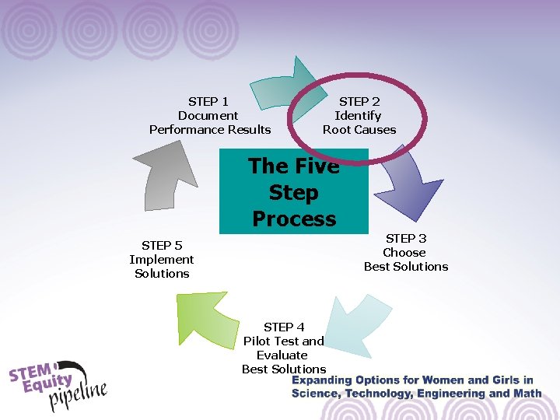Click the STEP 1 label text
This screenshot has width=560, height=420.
pos(208,101)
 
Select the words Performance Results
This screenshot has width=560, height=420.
pos(210,129)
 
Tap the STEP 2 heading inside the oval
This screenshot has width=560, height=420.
pos(359,101)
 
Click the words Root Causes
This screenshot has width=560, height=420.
pos(359,129)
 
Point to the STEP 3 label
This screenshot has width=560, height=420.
pos(406,238)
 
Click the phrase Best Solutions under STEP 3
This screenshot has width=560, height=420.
pos(406,266)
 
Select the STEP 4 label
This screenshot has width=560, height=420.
pos(284,327)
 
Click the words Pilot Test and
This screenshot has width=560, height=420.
pos(284,341)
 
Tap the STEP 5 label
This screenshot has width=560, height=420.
pos(162,245)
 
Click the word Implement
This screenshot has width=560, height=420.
pos(162,259)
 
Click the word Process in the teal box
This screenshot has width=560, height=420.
pos(294,219)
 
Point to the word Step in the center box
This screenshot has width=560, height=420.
pos(293,192)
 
